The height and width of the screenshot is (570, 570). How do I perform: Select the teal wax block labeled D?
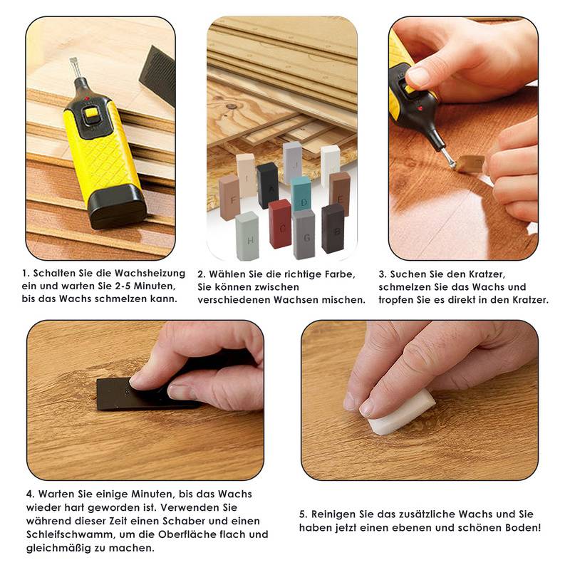[x=301, y=195]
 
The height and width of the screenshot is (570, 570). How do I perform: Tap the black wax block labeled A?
[x=268, y=185]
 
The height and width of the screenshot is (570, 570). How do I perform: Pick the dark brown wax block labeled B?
[x=333, y=228]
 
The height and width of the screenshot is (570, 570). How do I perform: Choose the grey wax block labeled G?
[x=304, y=234]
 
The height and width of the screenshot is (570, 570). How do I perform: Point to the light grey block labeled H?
[x=247, y=235]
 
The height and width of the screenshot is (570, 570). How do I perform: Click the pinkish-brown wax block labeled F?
[x=229, y=196]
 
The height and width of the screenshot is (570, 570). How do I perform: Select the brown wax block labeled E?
[x=340, y=192]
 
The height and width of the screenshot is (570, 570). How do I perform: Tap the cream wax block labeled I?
[x=247, y=175]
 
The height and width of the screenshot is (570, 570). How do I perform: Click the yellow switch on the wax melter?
[x=90, y=113]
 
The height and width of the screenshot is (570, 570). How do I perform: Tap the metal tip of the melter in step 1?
[x=73, y=68]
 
